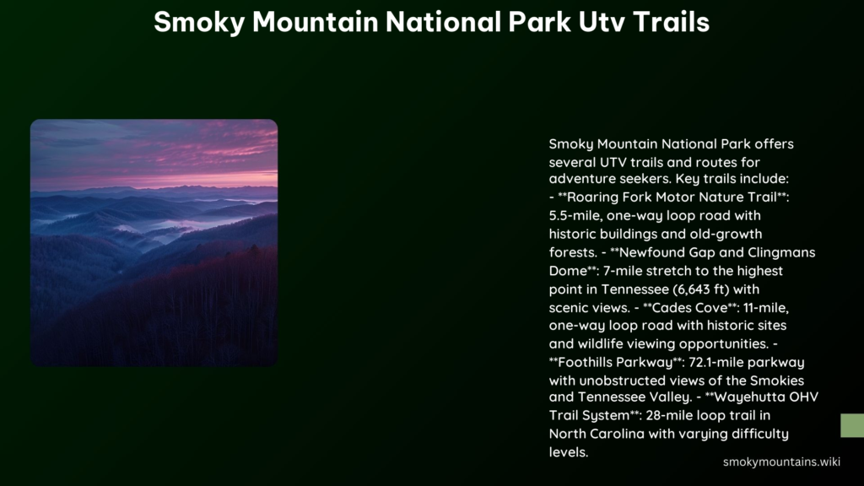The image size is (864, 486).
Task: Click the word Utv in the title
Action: (601, 23)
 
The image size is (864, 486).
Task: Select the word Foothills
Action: (584, 363)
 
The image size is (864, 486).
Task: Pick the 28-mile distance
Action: (669, 415)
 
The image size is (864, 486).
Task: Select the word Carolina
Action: (617, 435)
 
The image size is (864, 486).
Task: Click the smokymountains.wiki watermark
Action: (781, 462)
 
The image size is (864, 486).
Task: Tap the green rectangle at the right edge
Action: (852, 425)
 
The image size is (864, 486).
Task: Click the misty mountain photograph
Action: (154, 242)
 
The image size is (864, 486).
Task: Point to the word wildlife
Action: (602, 344)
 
